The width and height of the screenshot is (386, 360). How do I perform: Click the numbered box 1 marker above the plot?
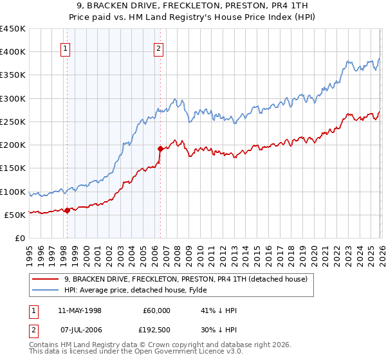point(66,47)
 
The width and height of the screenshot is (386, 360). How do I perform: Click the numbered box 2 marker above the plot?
point(158,47)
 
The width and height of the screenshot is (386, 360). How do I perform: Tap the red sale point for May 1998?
point(67,210)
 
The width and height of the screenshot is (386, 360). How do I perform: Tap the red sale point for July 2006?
point(160,148)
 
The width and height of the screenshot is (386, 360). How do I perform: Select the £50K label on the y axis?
point(15,215)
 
